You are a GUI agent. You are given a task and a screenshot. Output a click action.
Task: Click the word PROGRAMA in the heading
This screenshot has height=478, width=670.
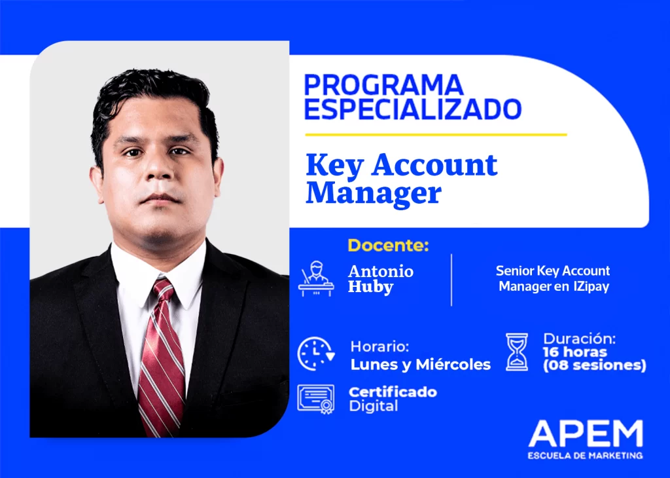pyautogui.click(x=383, y=84)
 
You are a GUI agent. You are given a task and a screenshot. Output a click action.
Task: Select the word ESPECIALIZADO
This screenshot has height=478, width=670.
pyautogui.click(x=413, y=109)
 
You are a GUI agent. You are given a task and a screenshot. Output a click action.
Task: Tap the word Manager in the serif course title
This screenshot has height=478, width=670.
pyautogui.click(x=374, y=193)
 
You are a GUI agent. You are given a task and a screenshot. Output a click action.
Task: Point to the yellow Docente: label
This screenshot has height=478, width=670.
pyautogui.click(x=388, y=246)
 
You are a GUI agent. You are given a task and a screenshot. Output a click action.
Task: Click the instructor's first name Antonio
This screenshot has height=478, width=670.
pyautogui.click(x=381, y=271)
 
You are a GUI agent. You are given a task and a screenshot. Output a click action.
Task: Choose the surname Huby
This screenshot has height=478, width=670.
pyautogui.click(x=370, y=287)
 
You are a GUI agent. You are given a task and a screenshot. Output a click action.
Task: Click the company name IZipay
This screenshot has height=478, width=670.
pyautogui.click(x=591, y=286)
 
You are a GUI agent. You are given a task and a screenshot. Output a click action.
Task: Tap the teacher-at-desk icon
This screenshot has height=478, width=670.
pyautogui.click(x=316, y=279)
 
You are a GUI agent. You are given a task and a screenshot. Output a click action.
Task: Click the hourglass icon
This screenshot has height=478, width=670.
pyautogui.click(x=517, y=352)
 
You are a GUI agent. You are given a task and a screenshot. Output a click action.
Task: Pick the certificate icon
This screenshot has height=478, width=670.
pyautogui.click(x=316, y=399)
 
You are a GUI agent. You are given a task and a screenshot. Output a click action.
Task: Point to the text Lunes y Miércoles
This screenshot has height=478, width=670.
pyautogui.click(x=421, y=365)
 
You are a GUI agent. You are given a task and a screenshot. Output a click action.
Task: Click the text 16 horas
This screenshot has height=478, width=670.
pyautogui.click(x=574, y=352)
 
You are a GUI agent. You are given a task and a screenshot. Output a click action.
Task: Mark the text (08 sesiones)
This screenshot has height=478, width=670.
pyautogui.click(x=594, y=365)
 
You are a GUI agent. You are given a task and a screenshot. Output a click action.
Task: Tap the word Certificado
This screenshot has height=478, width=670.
pyautogui.click(x=393, y=392)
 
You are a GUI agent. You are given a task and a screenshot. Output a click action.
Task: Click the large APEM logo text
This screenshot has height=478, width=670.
pyautogui.click(x=586, y=433)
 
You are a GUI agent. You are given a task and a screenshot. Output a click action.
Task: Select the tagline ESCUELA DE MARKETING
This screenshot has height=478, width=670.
pyautogui.click(x=586, y=456)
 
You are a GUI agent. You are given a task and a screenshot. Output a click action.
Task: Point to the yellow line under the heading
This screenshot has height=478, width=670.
pyautogui.click(x=436, y=135)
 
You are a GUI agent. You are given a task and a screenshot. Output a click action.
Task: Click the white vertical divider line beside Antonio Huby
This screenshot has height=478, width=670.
pyautogui.click(x=451, y=280)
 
